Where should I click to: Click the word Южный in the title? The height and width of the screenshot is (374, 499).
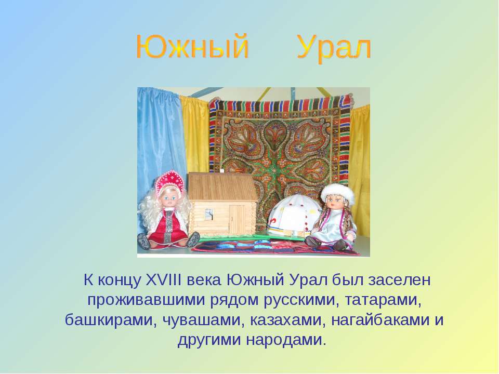click(x=192, y=47)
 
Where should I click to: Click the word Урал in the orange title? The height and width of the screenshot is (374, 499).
click(x=334, y=48)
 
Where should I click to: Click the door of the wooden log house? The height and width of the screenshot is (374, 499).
click(x=238, y=219)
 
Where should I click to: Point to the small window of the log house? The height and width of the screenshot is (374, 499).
click(x=209, y=214)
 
